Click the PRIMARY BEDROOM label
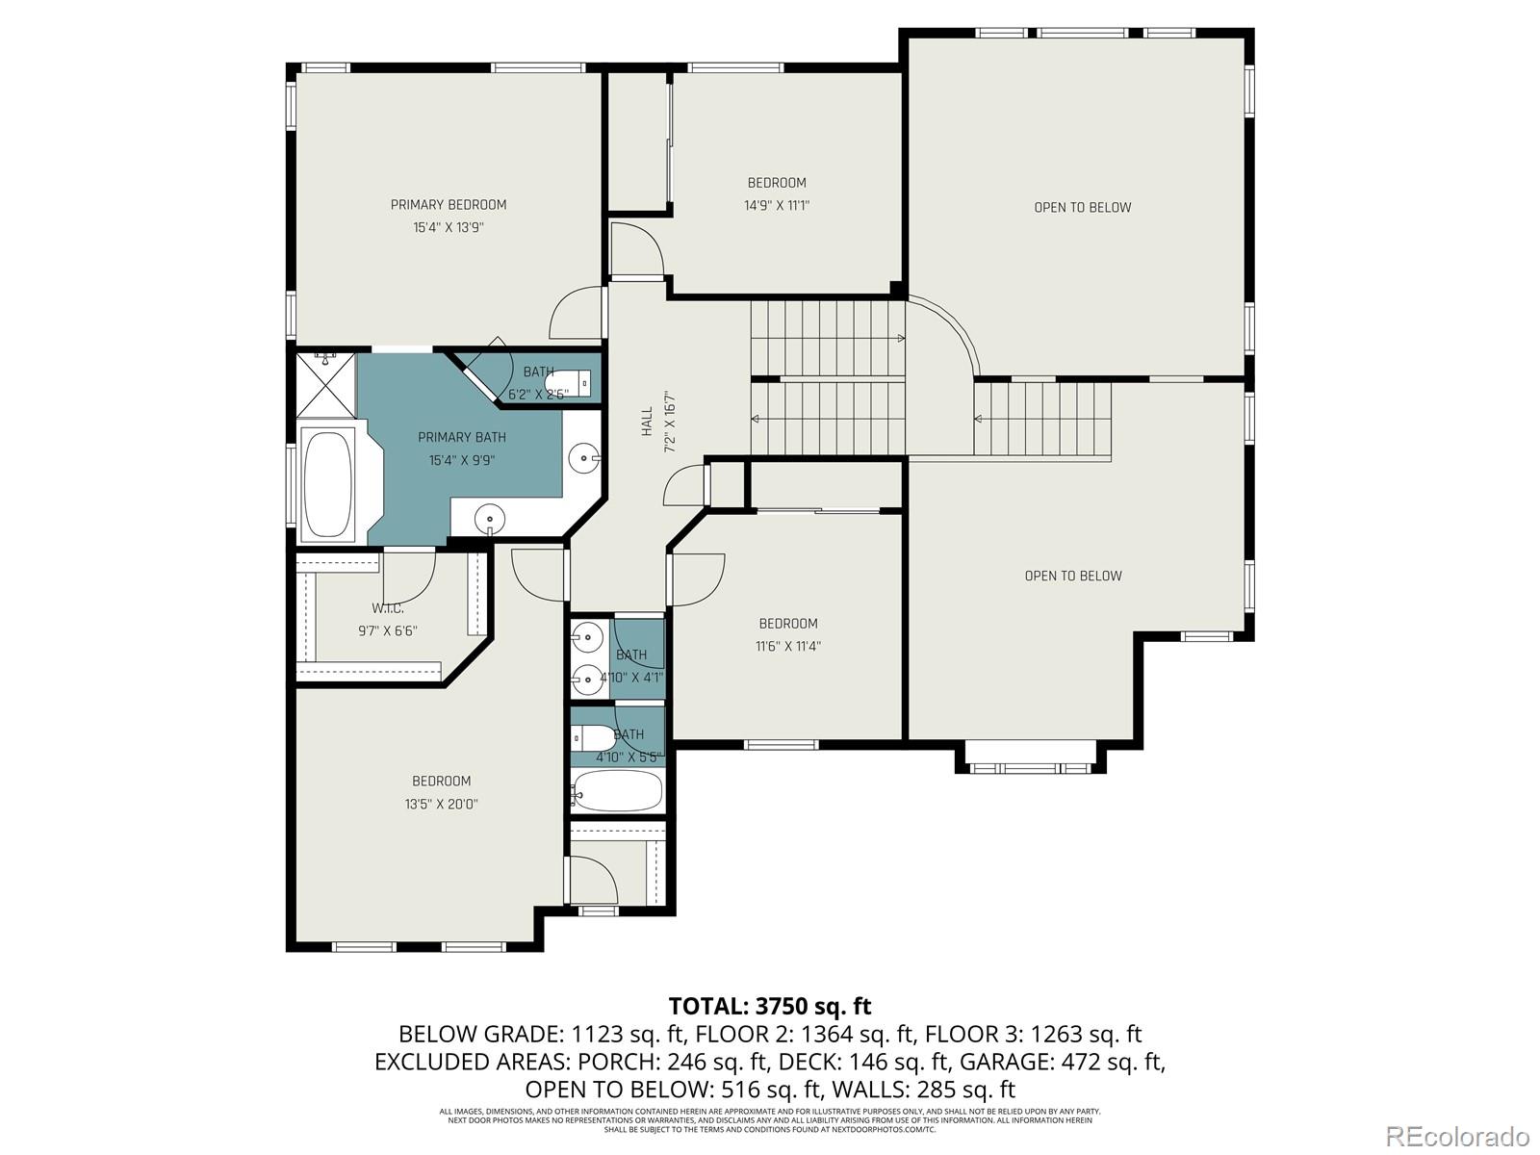tap(448, 204)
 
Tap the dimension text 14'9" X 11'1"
tap(776, 205)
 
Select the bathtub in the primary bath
tap(327, 483)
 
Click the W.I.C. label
tap(387, 608)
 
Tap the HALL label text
tap(647, 421)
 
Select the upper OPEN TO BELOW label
tap(1082, 207)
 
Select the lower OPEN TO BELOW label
tap(1072, 576)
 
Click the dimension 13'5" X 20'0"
tap(441, 804)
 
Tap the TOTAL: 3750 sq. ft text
tap(769, 1006)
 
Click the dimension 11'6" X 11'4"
tap(787, 646)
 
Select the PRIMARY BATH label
tap(461, 437)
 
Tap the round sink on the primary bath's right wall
tap(582, 458)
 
